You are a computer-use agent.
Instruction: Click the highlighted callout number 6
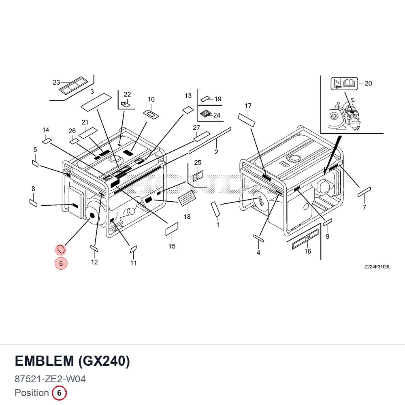[61, 263]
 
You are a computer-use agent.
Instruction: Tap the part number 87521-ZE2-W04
[50, 379]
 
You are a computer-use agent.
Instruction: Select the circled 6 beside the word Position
[59, 393]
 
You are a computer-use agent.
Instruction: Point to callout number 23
[56, 82]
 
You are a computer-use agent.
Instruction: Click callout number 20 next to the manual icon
[368, 83]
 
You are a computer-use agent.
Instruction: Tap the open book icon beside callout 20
[350, 83]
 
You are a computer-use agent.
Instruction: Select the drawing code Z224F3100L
[377, 267]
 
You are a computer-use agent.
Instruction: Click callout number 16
[308, 252]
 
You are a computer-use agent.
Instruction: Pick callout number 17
[248, 106]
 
